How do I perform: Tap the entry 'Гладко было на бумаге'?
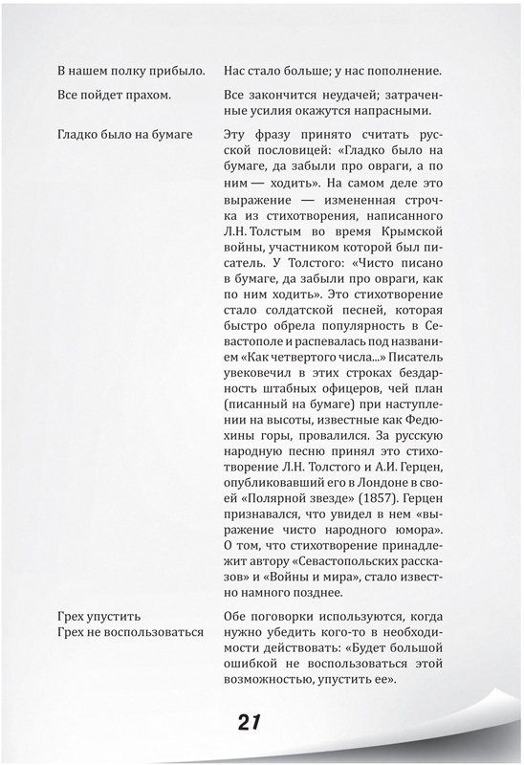(x=125, y=133)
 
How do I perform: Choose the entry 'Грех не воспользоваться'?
(x=131, y=632)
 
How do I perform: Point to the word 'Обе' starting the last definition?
(x=235, y=616)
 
